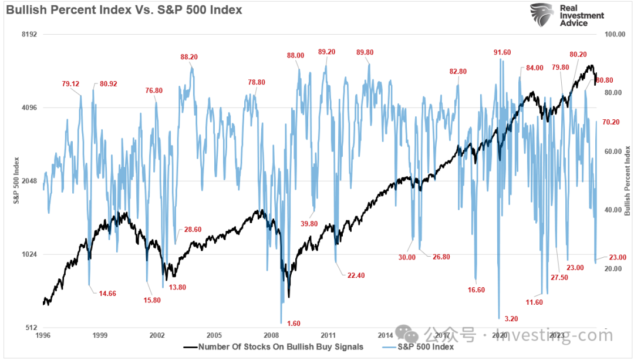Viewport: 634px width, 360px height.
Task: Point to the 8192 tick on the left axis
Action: tap(29, 34)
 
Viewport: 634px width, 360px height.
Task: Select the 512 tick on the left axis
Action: tap(31, 327)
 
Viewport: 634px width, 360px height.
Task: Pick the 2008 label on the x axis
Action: tap(271, 335)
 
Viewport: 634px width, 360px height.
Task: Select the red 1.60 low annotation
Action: tap(294, 324)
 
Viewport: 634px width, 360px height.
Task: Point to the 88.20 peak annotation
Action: tap(189, 57)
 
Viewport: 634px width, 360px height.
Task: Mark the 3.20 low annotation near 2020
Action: tap(511, 319)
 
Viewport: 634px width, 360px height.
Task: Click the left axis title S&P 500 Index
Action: tap(17, 181)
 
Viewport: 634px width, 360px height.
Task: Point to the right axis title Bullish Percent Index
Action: tap(626, 181)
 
